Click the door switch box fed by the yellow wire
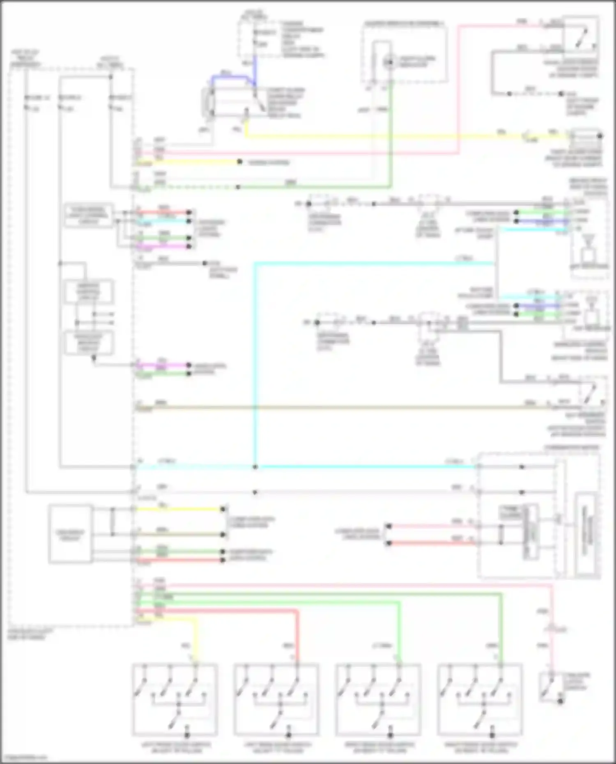175,700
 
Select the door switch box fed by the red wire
276,700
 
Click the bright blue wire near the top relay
230,77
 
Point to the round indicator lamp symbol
388,62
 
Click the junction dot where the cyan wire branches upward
255,467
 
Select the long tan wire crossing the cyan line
329,408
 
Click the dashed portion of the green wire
193,187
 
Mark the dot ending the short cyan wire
189,221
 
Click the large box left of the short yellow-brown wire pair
70,534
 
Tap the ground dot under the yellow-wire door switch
187,734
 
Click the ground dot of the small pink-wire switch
560,701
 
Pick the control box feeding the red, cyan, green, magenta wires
89,215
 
